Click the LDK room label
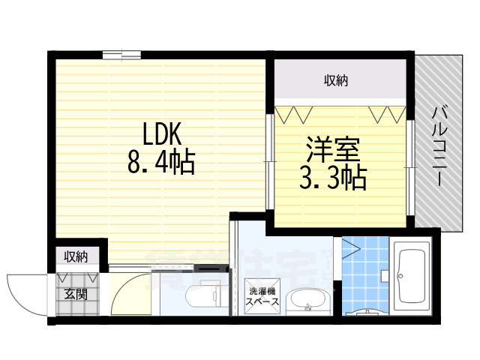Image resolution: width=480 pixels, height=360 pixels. point(163,134)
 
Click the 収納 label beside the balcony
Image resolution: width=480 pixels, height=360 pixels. point(336,80)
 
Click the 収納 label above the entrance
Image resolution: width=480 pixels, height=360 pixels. point(76,256)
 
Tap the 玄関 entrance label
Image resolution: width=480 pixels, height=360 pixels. point(75,293)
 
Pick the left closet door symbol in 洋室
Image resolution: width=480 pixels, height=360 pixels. point(292,115)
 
